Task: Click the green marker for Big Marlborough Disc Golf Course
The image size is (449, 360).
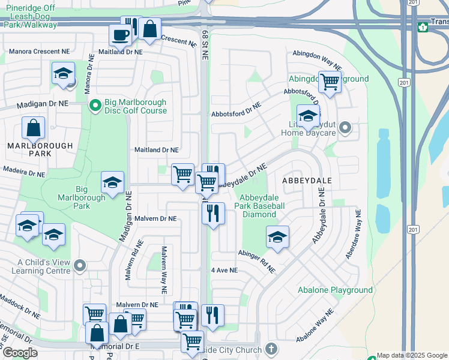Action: tap(95, 106)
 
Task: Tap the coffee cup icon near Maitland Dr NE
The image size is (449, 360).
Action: tap(120, 35)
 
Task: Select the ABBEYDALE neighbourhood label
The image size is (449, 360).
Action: tap(304, 180)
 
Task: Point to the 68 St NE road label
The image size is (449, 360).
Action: tap(204, 45)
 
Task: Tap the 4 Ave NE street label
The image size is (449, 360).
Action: tap(224, 271)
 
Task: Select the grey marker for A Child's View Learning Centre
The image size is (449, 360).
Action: tap(79, 265)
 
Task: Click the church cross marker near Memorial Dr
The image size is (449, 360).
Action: tap(271, 349)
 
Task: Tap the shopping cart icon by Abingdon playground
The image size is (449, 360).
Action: tap(330, 81)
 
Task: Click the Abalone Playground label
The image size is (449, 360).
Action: tap(336, 290)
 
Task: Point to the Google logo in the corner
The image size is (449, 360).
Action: tap(20, 353)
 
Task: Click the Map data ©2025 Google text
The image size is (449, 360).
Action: tap(412, 356)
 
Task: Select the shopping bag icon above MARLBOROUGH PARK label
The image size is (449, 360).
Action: tap(34, 128)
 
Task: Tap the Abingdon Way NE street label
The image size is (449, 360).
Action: tap(317, 60)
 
